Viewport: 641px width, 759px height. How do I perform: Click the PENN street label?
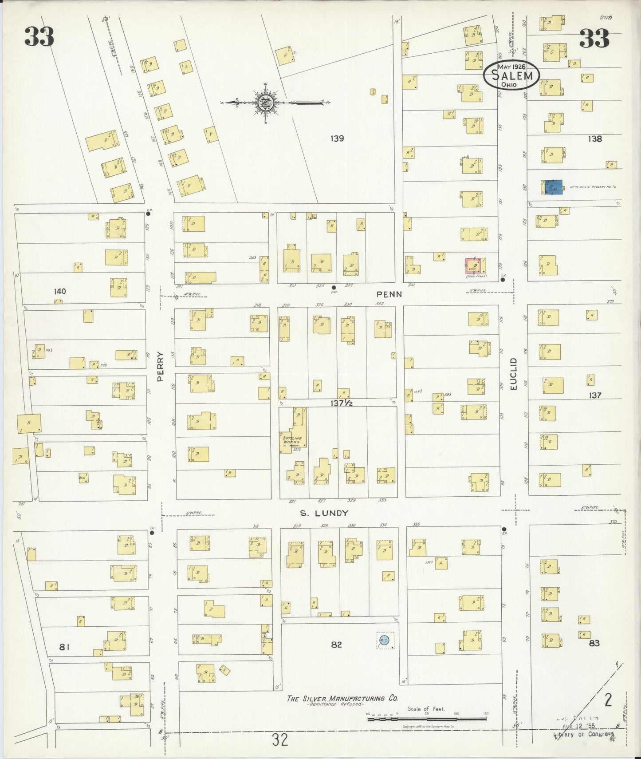tap(389, 294)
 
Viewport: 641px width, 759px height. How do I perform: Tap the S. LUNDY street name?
tap(324, 513)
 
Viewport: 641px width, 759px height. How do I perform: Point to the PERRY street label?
tap(160, 367)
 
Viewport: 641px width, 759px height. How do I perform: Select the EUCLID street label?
tap(514, 374)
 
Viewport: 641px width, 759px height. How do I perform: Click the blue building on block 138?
tap(553, 187)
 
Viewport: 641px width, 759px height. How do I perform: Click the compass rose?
tap(265, 103)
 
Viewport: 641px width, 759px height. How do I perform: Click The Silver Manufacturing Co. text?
tap(342, 698)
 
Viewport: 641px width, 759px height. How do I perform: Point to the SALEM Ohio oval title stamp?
tap(511, 75)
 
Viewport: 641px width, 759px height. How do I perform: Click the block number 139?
tap(337, 138)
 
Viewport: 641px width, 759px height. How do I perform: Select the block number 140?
tap(59, 292)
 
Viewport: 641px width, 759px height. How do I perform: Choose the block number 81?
tap(64, 647)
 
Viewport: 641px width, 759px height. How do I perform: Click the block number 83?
tap(594, 643)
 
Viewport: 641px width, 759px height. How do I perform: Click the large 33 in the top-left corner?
tap(39, 37)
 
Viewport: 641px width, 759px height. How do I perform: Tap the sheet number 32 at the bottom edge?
tap(280, 739)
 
